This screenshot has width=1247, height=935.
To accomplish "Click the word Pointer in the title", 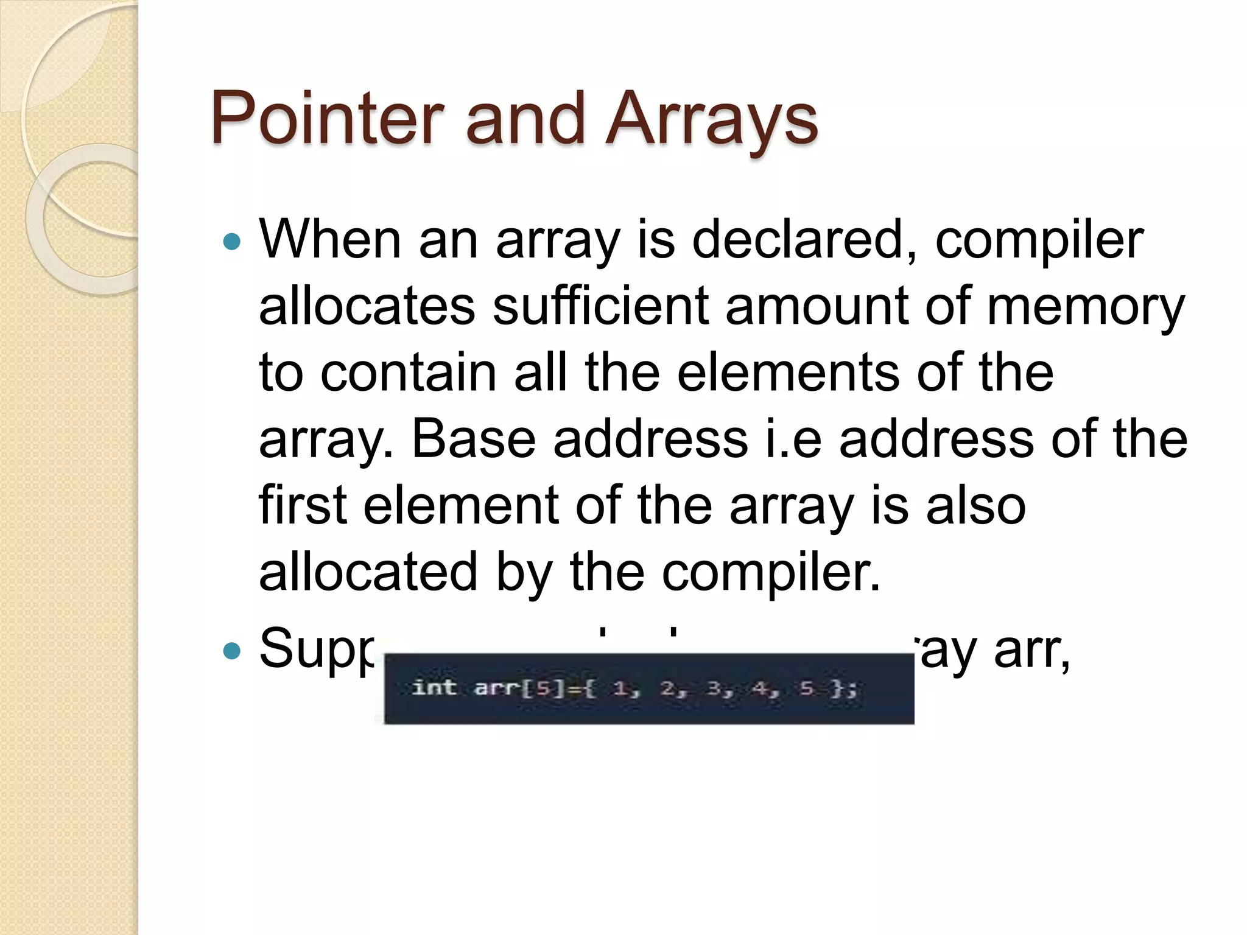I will [327, 119].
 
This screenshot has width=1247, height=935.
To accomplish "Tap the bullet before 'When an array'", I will [232, 242].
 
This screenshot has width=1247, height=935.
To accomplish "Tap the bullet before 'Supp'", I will [232, 651].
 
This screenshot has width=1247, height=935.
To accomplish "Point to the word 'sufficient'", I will [600, 306].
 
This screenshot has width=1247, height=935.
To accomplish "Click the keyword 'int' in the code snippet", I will [434, 688].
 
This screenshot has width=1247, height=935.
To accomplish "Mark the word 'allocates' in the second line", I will [367, 306].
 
